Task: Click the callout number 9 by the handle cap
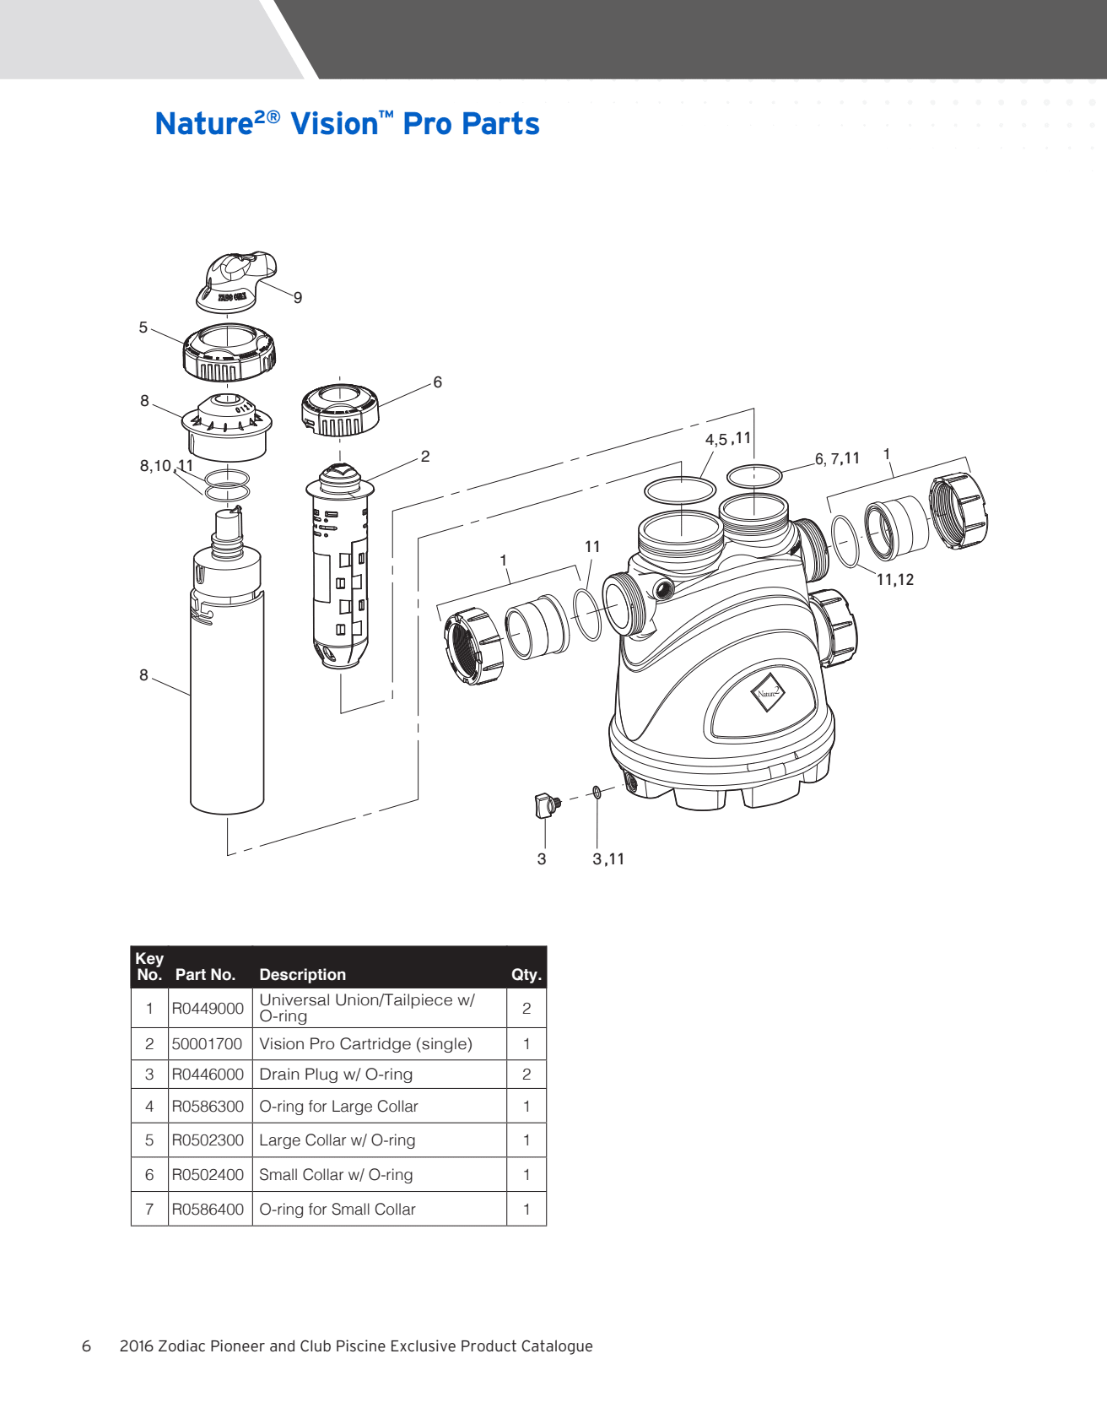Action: pos(298,298)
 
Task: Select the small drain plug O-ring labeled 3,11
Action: pos(597,792)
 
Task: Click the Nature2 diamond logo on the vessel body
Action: pos(767,693)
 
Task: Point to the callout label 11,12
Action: pos(895,580)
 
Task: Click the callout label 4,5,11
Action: pos(727,439)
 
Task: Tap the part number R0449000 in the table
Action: pos(208,1009)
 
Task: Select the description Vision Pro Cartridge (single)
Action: pos(365,1044)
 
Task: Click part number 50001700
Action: pos(207,1044)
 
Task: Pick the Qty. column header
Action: pos(526,975)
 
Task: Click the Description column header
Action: pos(302,975)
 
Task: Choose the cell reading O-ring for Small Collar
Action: pos(337,1210)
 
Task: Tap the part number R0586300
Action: pos(208,1107)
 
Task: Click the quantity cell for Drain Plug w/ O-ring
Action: pos(526,1075)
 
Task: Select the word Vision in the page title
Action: pos(335,124)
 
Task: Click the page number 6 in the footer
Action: pos(86,1346)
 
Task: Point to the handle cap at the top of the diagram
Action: pos(235,279)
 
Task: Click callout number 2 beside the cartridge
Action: pos(425,457)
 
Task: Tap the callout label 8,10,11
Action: pos(166,466)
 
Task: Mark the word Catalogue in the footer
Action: pos(556,1346)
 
